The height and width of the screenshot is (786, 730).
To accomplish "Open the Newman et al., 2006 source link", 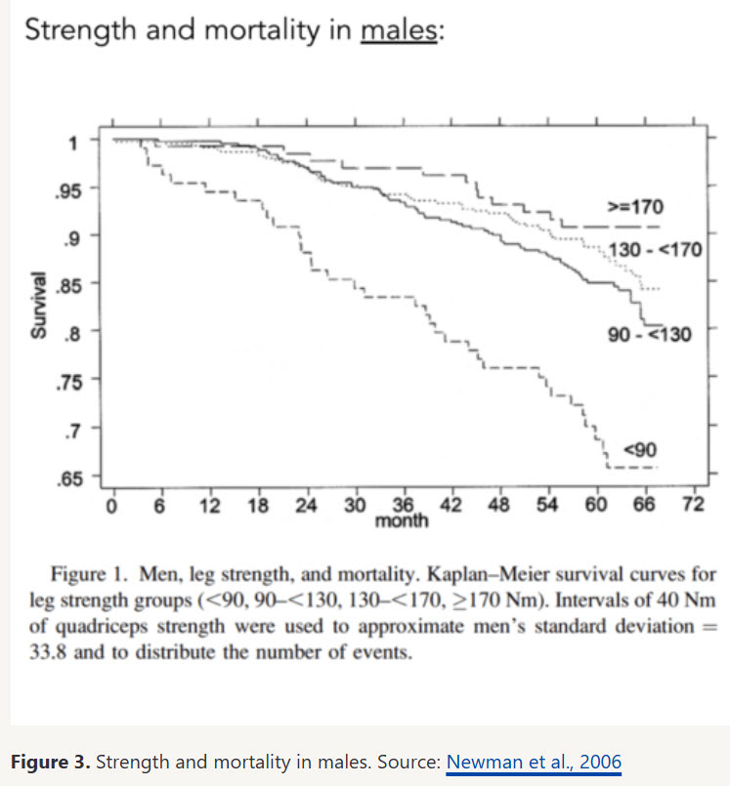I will (x=534, y=762).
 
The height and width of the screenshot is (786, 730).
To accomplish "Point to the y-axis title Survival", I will (x=38, y=305).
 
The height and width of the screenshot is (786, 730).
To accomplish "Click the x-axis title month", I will (x=402, y=521).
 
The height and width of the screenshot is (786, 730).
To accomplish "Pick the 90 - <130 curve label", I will (x=649, y=335).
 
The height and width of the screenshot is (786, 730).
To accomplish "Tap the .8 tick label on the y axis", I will (x=70, y=332).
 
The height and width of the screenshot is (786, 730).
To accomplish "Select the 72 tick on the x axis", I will (x=693, y=505).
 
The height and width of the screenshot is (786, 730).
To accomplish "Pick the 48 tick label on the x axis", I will (x=499, y=505).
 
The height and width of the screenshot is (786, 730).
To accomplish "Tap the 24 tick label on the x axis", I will (x=306, y=505).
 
